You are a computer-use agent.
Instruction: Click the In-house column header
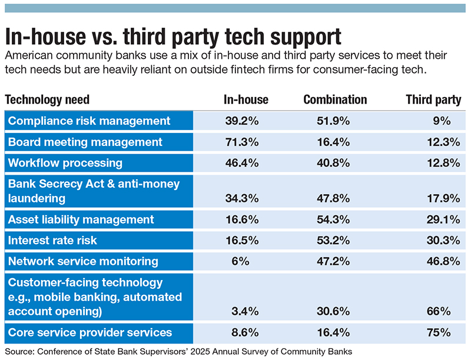tap(246, 99)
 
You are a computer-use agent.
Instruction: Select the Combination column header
tap(335, 99)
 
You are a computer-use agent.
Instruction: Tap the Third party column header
tap(433, 99)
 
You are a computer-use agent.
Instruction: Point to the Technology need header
tap(47, 99)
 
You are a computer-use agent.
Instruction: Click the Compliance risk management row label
tap(88, 121)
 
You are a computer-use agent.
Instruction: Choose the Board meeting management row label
tap(85, 142)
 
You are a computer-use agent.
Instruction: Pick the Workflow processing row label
tap(65, 162)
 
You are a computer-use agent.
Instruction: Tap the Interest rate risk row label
tap(53, 241)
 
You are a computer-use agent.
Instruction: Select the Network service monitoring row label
tap(83, 261)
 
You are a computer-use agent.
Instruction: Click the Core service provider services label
tap(90, 332)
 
